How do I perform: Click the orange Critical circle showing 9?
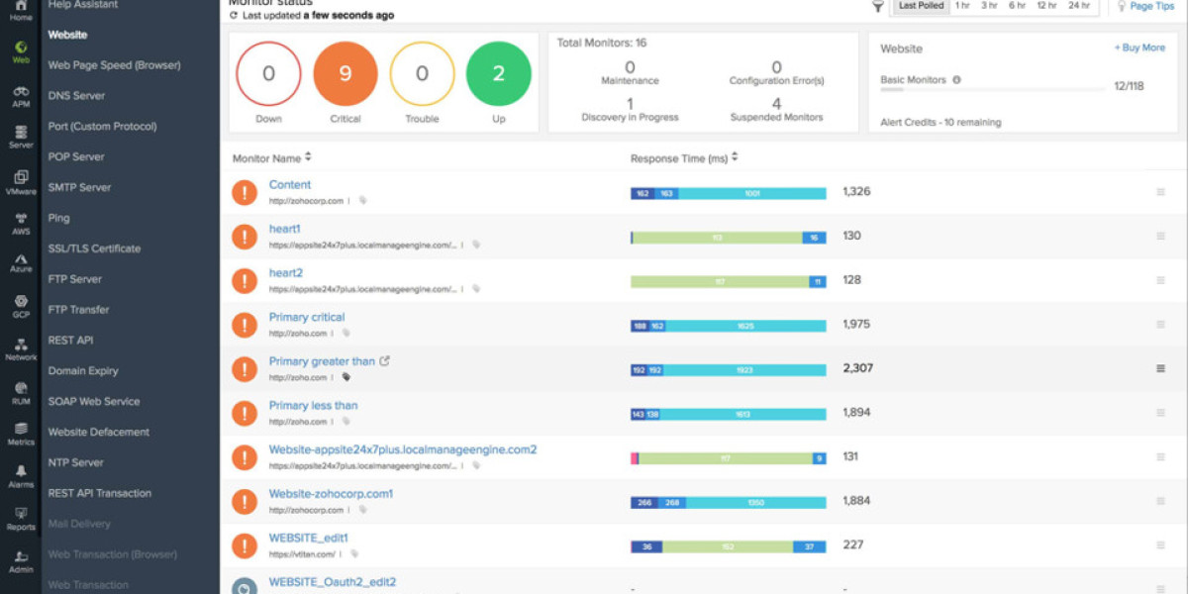coord(345,74)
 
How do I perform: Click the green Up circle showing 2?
coord(498,74)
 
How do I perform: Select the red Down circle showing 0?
coord(268,74)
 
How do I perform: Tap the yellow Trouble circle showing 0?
coord(422,74)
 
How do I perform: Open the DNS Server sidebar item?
coord(76,96)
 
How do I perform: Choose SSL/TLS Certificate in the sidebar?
coord(94,248)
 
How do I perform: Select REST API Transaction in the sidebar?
coord(99,493)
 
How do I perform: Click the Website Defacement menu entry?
coord(98,432)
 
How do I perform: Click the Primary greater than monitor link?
coord(322,361)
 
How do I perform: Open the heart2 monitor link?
coord(286,273)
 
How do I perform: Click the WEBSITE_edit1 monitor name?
coord(308,538)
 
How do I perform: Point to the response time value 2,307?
coord(857,368)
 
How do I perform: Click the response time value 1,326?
coord(856,191)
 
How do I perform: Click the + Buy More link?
coord(1139,48)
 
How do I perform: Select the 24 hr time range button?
coord(1078,6)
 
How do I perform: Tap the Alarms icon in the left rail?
coord(21,475)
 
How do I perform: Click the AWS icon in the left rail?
coord(21,223)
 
